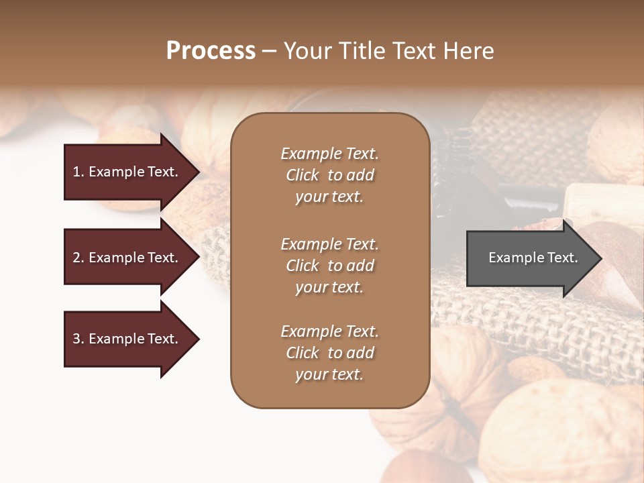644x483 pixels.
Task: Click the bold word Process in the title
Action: click(x=211, y=51)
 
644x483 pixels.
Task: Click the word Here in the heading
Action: click(x=468, y=51)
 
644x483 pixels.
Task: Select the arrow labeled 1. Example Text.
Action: click(x=127, y=172)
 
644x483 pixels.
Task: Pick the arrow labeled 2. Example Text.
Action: click(x=127, y=258)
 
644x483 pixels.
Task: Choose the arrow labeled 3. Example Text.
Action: click(x=127, y=339)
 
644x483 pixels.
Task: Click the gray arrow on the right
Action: click(x=530, y=258)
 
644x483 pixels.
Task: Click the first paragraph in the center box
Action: click(x=329, y=175)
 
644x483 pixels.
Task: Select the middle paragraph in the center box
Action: click(x=329, y=266)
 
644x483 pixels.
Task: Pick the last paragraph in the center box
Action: click(x=329, y=353)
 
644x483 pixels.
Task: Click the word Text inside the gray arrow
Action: click(x=563, y=258)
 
